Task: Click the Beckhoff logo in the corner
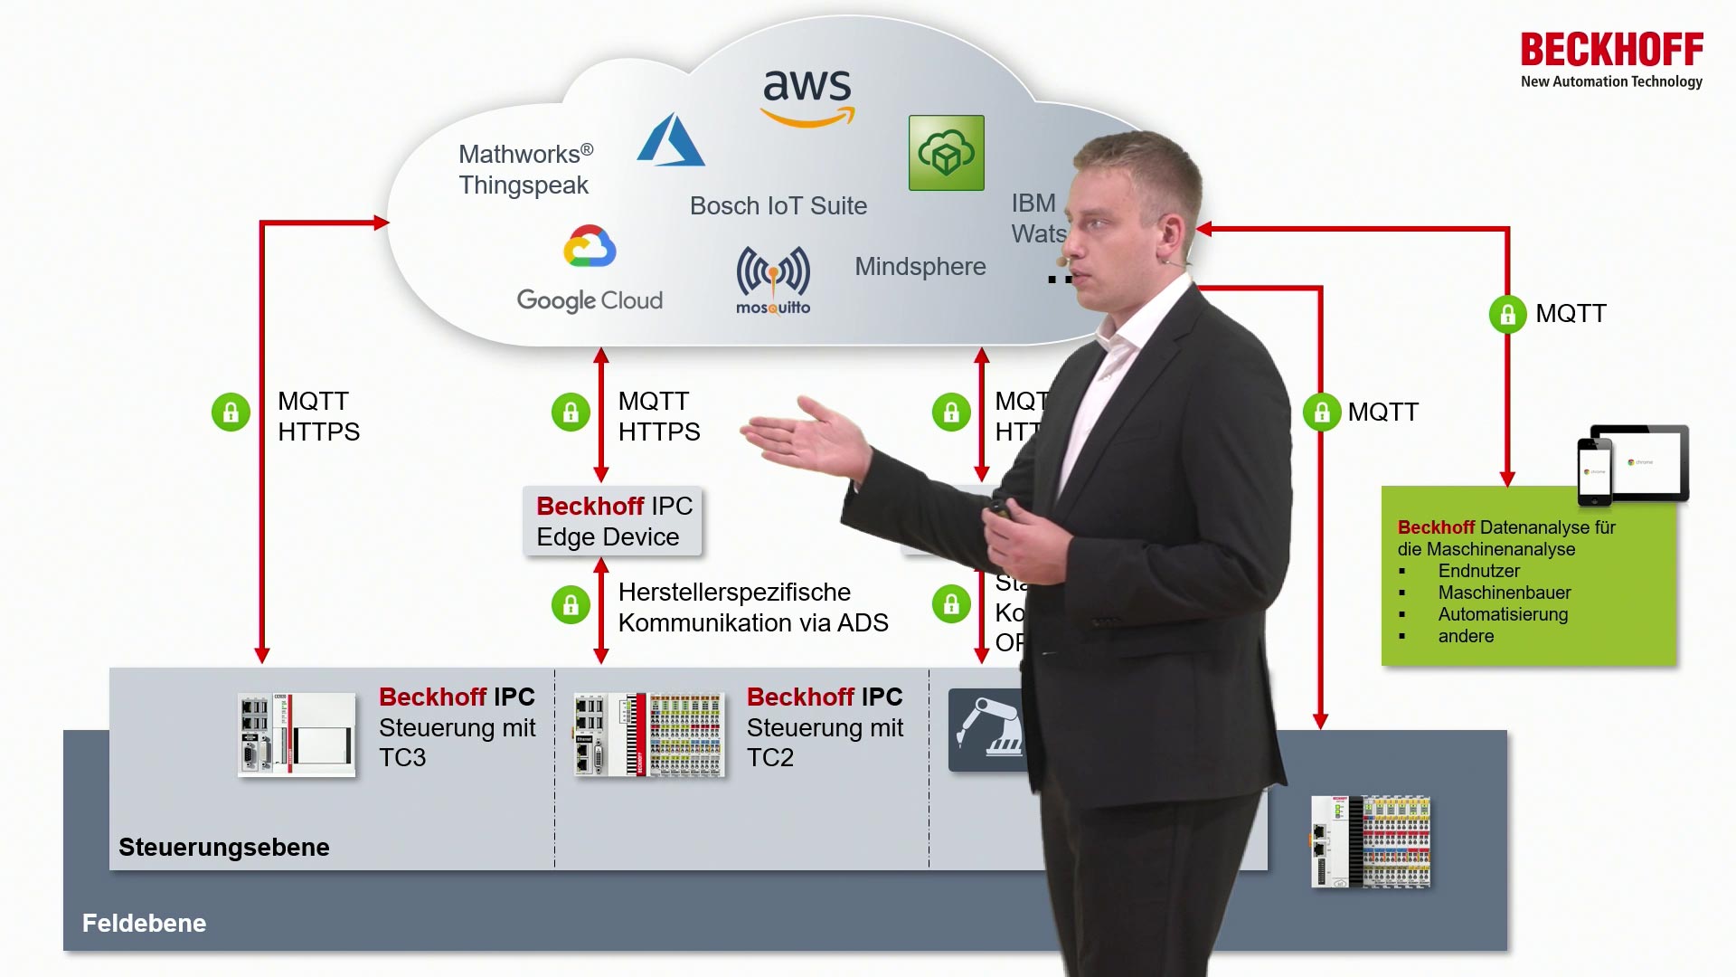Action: [x=1611, y=60]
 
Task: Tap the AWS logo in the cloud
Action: [x=807, y=97]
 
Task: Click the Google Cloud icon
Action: [x=590, y=247]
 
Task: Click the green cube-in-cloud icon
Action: [x=946, y=153]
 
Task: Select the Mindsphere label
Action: [x=920, y=267]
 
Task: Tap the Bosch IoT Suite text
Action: [x=778, y=206]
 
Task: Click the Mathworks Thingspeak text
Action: [x=524, y=169]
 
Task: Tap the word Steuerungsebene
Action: [x=223, y=848]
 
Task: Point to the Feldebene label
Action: [x=144, y=924]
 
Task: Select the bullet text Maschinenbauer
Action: [x=1504, y=593]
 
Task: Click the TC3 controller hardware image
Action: [x=297, y=734]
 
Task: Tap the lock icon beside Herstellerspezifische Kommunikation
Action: [x=571, y=604]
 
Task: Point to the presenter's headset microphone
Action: [x=1064, y=262]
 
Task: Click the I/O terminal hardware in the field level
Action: [x=1371, y=841]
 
